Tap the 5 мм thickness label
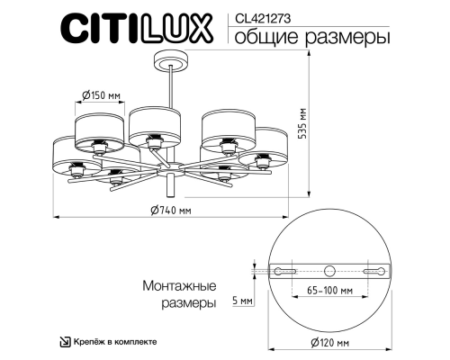(x=241, y=302)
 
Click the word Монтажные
(x=180, y=285)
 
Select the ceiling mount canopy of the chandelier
(x=170, y=62)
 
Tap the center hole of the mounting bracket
(x=329, y=269)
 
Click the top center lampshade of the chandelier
(x=150, y=123)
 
